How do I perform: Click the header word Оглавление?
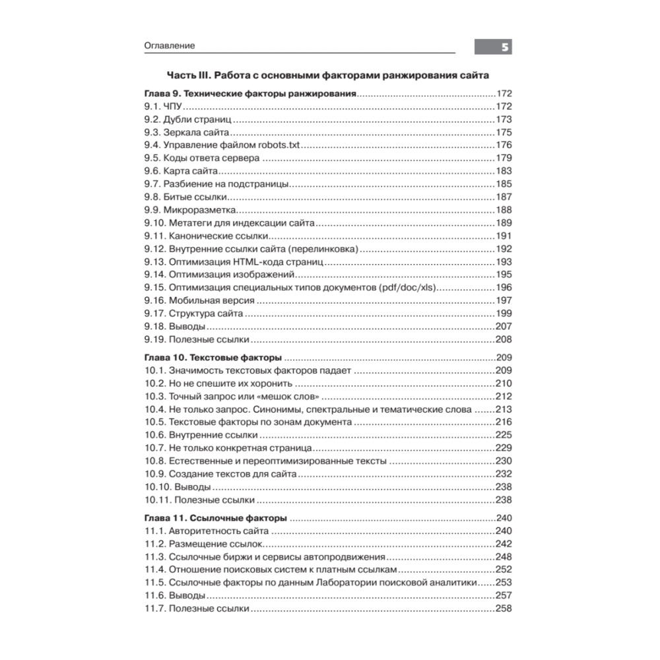169,46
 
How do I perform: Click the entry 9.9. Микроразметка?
190,210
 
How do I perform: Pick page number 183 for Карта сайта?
504,171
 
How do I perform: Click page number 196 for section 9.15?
504,288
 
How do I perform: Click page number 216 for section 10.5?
504,422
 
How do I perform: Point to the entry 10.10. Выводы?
178,487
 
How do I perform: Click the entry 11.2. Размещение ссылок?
203,544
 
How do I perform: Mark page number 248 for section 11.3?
504,557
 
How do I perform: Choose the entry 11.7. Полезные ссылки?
196,609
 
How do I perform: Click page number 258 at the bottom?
504,609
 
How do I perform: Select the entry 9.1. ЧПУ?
162,106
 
